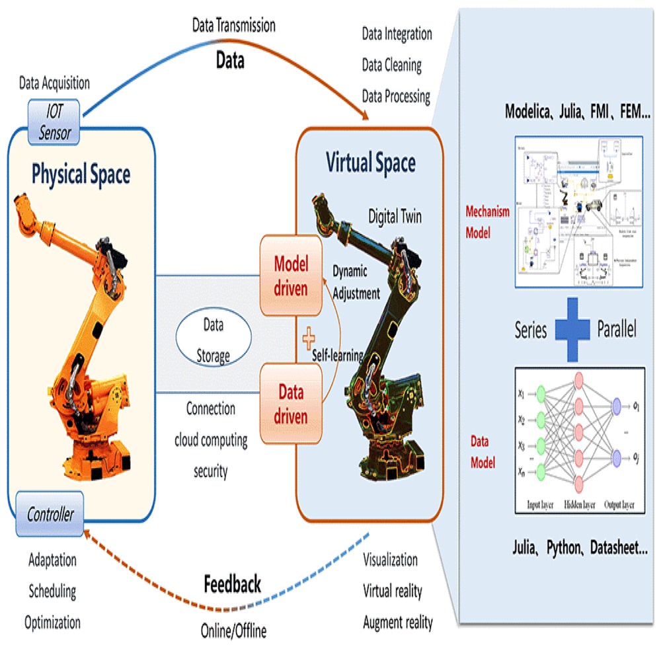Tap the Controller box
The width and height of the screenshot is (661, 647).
[x=50, y=514]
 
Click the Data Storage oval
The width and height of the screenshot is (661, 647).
[x=212, y=340]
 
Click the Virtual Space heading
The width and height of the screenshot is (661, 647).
[x=371, y=162]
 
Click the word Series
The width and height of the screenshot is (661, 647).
[x=531, y=330]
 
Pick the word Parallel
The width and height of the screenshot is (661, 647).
[x=616, y=330]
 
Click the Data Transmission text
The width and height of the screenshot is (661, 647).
[x=233, y=26]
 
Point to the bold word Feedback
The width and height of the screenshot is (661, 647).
[x=232, y=584]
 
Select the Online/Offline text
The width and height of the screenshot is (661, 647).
[x=233, y=630]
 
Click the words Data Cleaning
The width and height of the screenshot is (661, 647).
[x=391, y=65]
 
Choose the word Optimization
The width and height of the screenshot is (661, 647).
[x=52, y=622]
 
